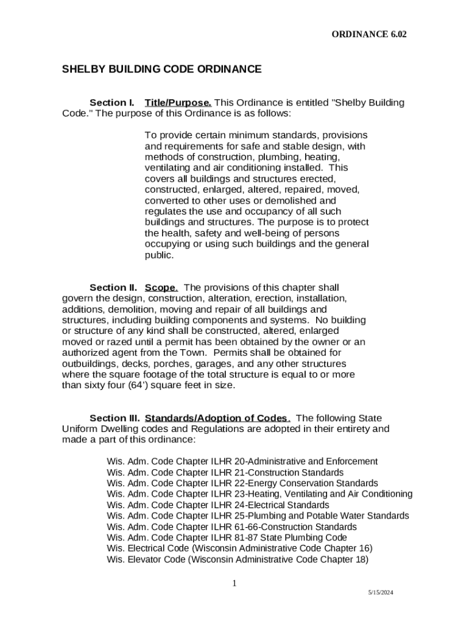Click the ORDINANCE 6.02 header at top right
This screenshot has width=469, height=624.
pyautogui.click(x=368, y=35)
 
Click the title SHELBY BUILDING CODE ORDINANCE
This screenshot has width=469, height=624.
pyautogui.click(x=161, y=69)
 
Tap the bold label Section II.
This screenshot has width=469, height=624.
pyautogui.click(x=113, y=288)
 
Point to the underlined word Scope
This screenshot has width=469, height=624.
pyautogui.click(x=161, y=288)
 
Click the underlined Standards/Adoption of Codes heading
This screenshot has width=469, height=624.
pyautogui.click(x=217, y=418)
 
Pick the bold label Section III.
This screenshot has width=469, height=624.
pyautogui.click(x=115, y=418)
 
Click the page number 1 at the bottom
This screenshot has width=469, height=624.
pyautogui.click(x=234, y=584)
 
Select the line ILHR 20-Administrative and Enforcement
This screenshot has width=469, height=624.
pyautogui.click(x=242, y=461)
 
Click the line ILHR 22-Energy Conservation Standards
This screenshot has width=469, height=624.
pyautogui.click(x=242, y=483)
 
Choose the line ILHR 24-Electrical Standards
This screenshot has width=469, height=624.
pyautogui.click(x=217, y=505)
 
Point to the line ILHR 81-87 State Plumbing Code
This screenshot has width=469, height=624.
pyautogui.click(x=227, y=537)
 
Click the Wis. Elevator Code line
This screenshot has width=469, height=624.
pyautogui.click(x=238, y=559)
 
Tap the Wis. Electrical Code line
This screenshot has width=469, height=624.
pyautogui.click(x=239, y=548)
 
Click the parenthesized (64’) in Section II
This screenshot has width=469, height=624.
pyautogui.click(x=139, y=386)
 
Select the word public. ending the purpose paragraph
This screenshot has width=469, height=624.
pyautogui.click(x=159, y=256)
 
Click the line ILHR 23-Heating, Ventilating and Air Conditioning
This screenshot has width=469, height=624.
pyautogui.click(x=259, y=494)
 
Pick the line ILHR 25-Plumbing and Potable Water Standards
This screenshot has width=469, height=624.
pyautogui.click(x=258, y=516)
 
